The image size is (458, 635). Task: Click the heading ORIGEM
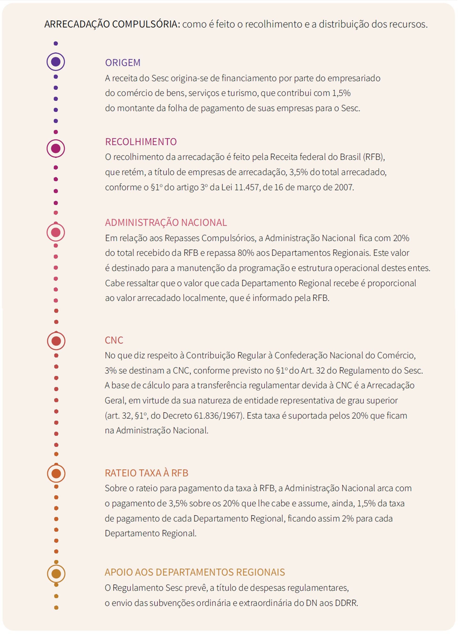click(122, 62)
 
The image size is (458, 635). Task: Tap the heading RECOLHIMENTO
click(141, 142)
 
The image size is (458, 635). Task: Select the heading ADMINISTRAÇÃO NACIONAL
click(166, 222)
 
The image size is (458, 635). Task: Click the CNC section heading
click(114, 340)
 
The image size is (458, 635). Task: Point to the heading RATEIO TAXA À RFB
click(146, 473)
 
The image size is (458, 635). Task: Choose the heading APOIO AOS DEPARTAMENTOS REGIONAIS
click(195, 572)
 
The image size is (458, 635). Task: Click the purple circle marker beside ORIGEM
click(56, 62)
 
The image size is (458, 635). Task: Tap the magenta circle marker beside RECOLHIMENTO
click(56, 148)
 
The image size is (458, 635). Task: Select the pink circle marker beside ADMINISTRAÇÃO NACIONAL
click(56, 232)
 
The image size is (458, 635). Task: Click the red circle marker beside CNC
click(56, 341)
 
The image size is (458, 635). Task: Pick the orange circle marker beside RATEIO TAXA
click(56, 473)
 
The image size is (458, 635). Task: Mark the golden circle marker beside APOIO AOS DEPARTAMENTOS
click(56, 573)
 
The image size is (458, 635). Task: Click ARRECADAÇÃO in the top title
click(77, 24)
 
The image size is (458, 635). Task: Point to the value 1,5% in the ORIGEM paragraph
click(341, 93)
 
